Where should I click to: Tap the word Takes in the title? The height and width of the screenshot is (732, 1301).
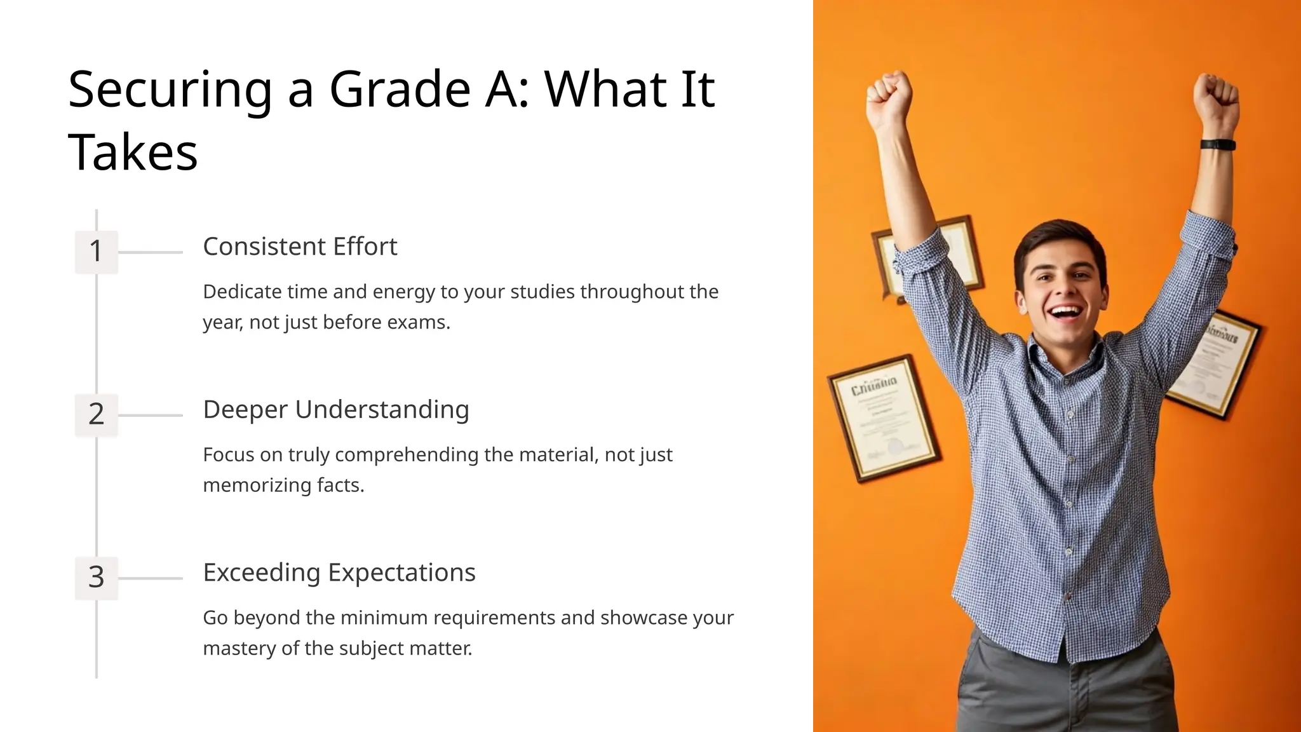(133, 153)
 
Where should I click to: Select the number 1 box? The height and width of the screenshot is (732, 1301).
(96, 252)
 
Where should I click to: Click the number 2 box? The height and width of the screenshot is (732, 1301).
(96, 414)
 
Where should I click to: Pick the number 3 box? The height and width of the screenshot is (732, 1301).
(96, 577)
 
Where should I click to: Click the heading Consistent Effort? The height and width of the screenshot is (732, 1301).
(300, 247)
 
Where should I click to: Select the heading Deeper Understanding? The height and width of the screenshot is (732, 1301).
(336, 410)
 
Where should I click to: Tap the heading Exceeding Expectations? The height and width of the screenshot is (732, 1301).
(339, 573)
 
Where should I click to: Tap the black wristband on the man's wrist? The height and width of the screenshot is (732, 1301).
(1218, 144)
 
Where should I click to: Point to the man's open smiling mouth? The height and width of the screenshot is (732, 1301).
(1065, 313)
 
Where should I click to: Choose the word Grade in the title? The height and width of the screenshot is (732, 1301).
(400, 90)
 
